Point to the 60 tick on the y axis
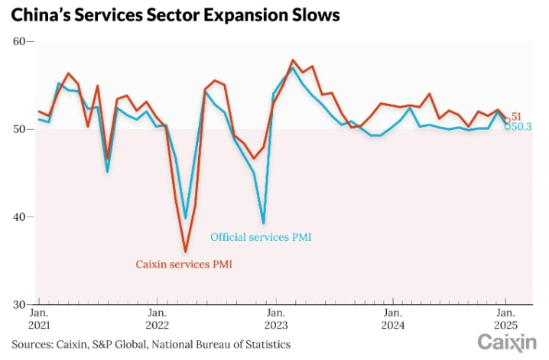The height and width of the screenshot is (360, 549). pos(19,42)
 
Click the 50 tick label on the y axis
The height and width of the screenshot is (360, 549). pos(19,130)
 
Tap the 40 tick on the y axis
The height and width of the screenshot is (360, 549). pos(19,217)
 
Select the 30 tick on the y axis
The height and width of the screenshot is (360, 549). pos(19,304)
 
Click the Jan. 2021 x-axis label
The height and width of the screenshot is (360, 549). pos(40,319)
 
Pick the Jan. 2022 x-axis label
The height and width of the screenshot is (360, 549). pos(157,319)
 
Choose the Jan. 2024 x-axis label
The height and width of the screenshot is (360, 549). pos(392,319)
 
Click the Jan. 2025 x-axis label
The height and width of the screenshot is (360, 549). pos(505,319)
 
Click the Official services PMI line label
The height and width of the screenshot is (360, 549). pos(261,238)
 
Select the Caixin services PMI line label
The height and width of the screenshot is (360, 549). pos(184,264)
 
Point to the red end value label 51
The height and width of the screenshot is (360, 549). pos(516,116)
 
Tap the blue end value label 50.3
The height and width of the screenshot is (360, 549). pos(521,127)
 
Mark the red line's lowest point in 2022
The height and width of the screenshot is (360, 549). pos(185,251)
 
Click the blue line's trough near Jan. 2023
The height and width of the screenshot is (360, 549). pos(264,223)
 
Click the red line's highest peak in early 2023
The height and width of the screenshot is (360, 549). pos(293,60)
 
